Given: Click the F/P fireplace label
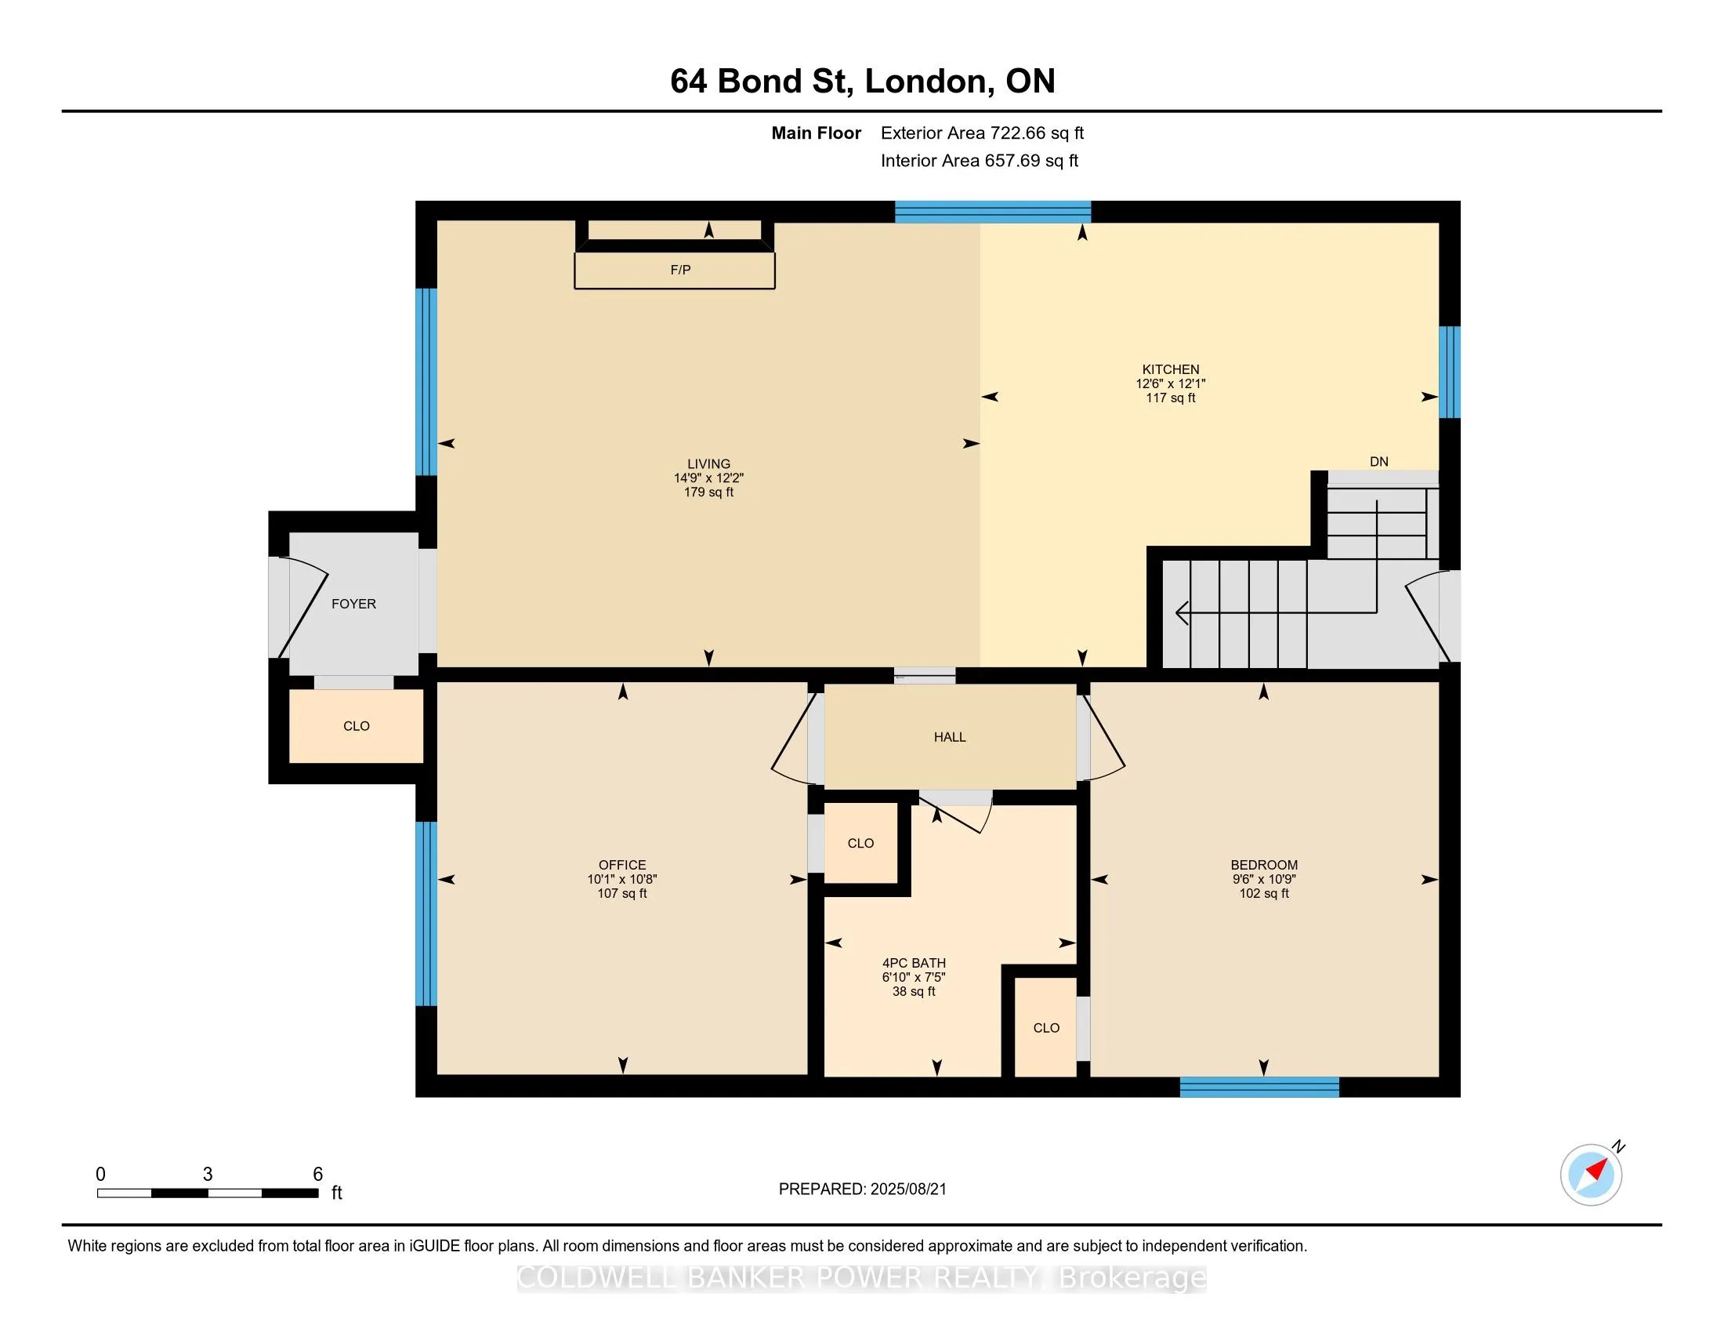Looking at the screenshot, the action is click(680, 270).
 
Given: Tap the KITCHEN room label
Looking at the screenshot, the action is click(1171, 369).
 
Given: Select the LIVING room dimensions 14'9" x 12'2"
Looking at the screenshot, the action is click(709, 478).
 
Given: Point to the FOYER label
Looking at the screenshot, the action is click(353, 604).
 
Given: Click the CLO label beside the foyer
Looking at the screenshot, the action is click(357, 727).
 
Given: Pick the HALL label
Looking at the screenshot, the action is click(950, 738).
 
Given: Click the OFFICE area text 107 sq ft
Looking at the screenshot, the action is click(622, 894).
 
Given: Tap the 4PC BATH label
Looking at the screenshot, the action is click(914, 964).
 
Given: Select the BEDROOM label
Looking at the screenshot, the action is click(1264, 866).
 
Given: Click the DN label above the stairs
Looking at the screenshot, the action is click(1379, 462).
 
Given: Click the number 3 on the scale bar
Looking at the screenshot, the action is click(208, 1175).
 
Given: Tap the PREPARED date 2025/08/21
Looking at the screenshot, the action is click(907, 1190).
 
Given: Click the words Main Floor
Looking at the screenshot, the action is click(817, 133).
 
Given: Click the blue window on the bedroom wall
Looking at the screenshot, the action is click(1259, 1088).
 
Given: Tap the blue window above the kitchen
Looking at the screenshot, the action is click(993, 212).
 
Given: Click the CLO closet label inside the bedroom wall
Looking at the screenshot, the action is click(1046, 1028).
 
